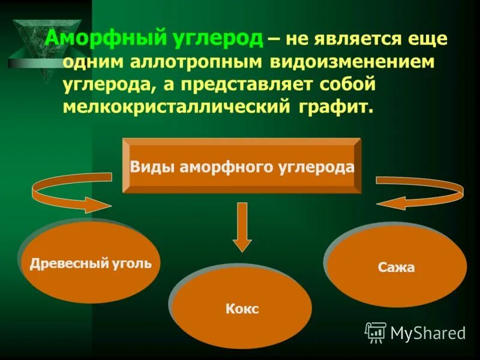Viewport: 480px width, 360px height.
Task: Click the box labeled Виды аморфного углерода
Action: [x=242, y=166]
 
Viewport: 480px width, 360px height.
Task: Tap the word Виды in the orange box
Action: [x=152, y=167]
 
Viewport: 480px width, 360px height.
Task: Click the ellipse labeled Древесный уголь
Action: [x=90, y=263]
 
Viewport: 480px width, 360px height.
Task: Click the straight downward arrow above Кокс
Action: [x=242, y=227]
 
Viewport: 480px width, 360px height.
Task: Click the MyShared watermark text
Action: [x=428, y=332]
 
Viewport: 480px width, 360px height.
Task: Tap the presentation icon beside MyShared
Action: [x=376, y=332]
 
